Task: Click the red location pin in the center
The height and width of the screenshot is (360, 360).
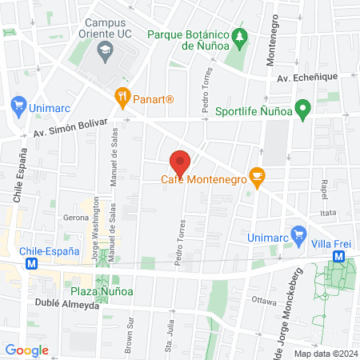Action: (x=180, y=162)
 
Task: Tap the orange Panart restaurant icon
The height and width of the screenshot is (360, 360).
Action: (x=122, y=98)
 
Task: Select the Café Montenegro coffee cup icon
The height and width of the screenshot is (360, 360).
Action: (x=256, y=175)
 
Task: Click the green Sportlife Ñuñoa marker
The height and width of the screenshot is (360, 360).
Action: (x=302, y=109)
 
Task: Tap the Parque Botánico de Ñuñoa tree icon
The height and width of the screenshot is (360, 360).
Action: (x=238, y=38)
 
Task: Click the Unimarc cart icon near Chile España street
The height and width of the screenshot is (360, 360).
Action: (x=18, y=104)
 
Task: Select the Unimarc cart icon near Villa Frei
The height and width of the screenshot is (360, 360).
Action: (x=299, y=235)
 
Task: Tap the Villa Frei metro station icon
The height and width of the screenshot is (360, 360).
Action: (x=339, y=256)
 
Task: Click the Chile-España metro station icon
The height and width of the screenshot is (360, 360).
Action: (x=31, y=263)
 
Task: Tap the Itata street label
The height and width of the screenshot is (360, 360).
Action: (x=328, y=214)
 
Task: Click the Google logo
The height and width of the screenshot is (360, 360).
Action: (x=27, y=350)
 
